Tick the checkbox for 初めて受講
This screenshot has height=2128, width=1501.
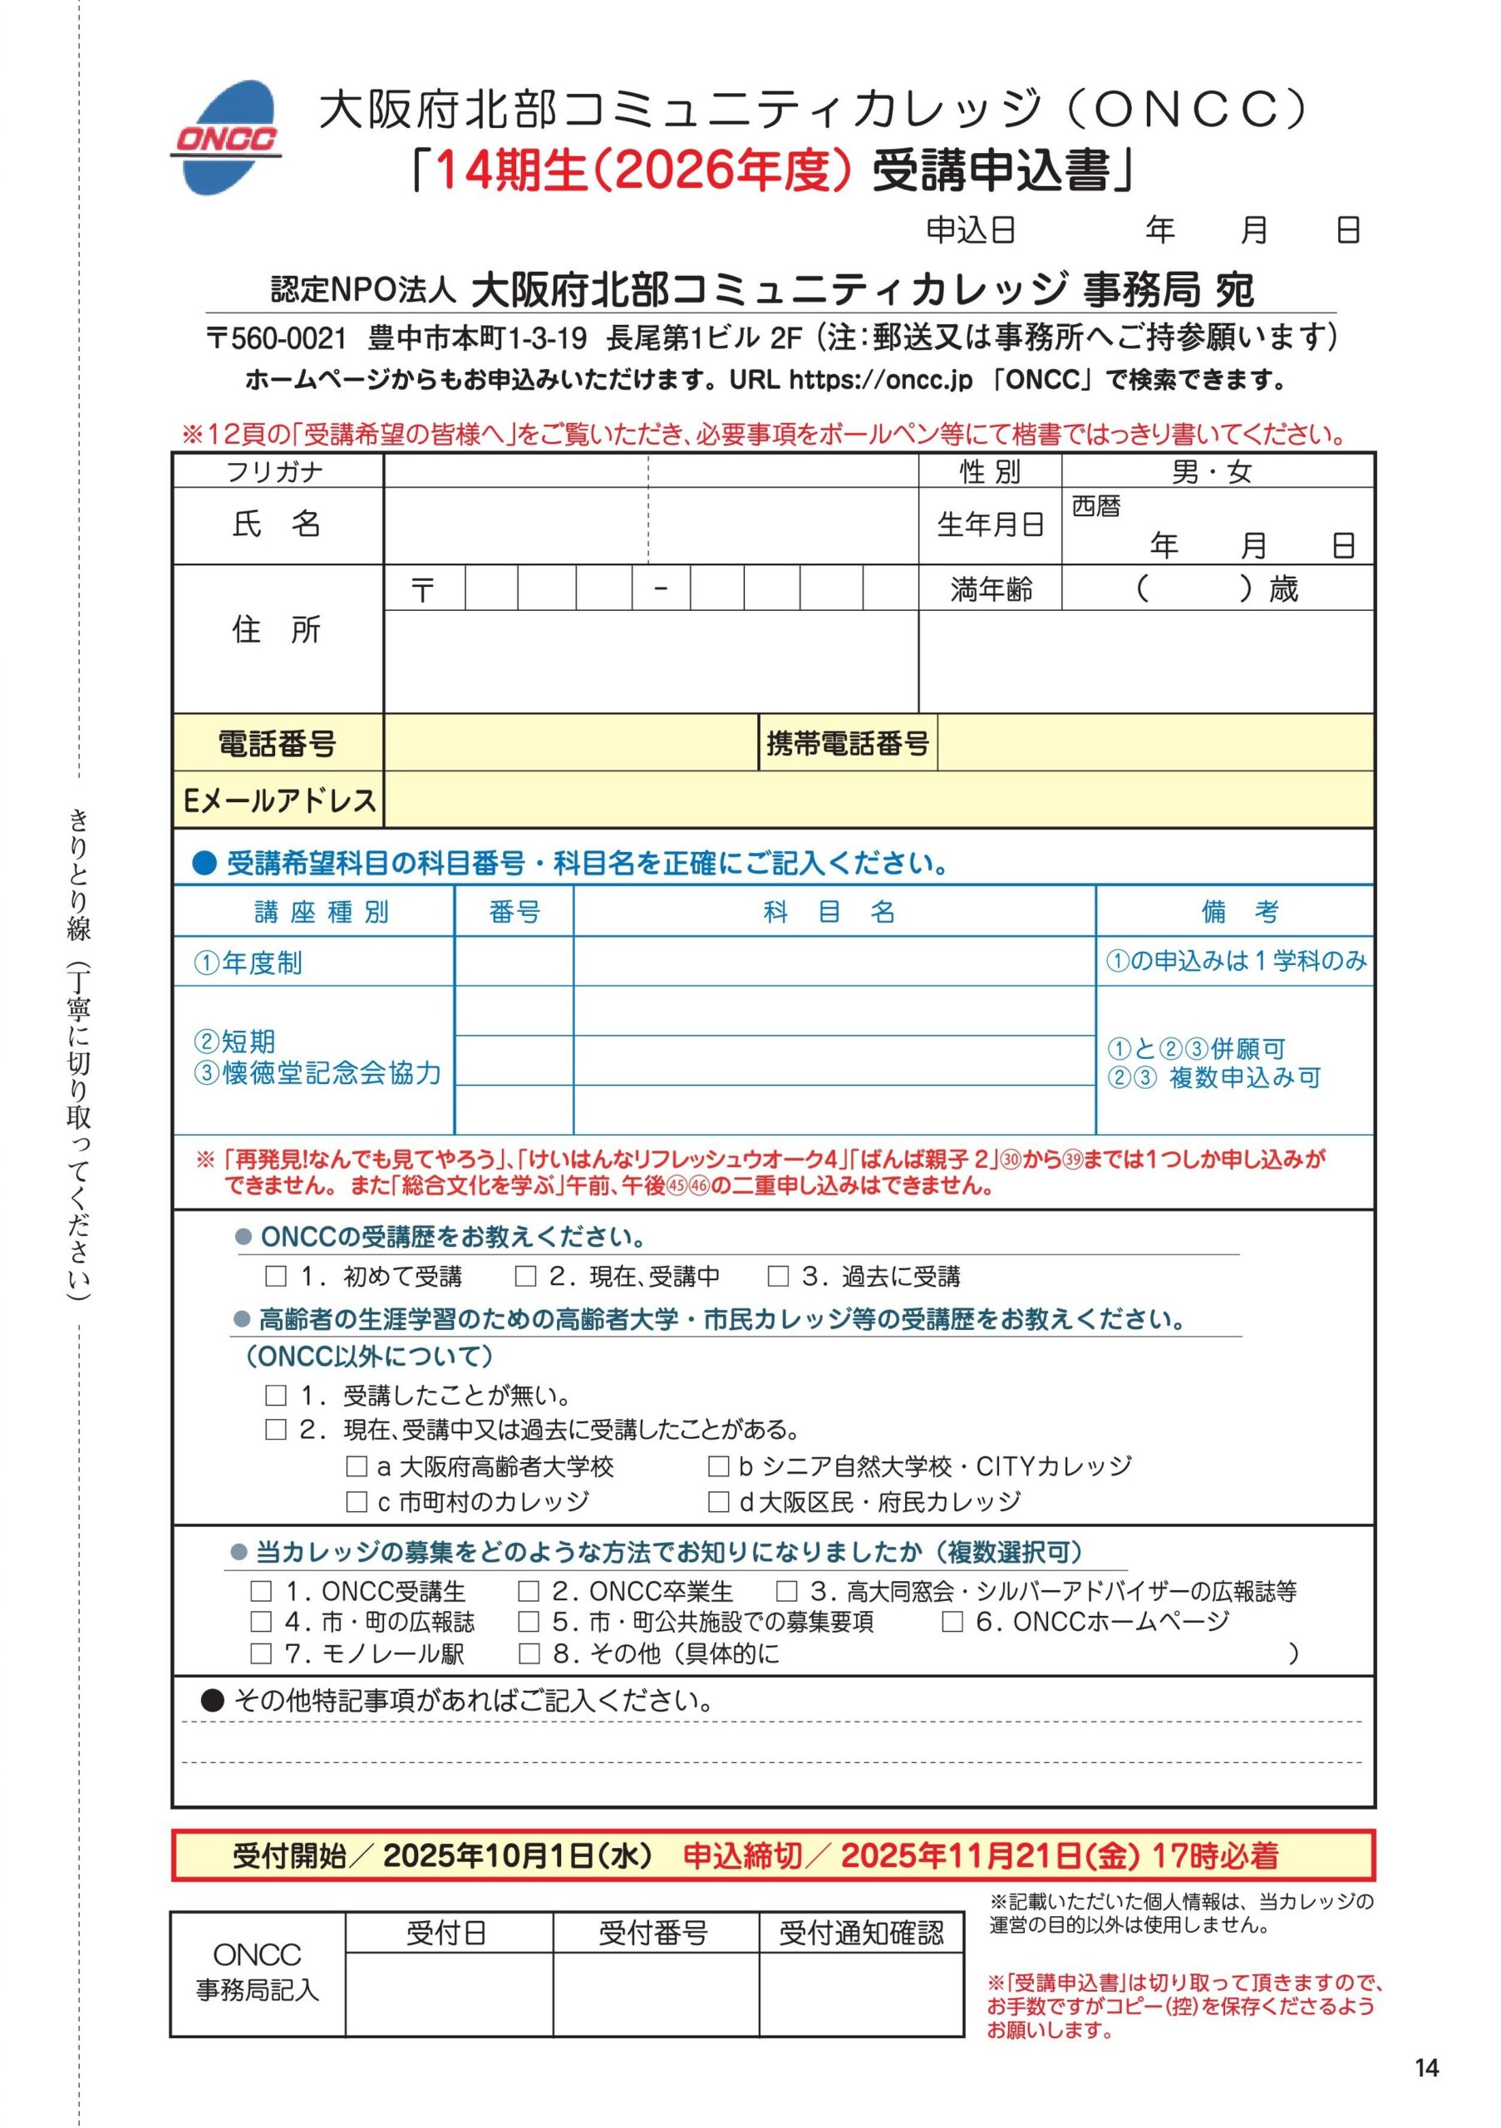pos(275,1276)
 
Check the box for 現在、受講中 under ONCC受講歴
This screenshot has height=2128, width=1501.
pos(525,1276)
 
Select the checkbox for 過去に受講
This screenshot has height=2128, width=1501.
pos(778,1276)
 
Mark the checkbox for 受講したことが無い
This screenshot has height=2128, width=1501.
pos(275,1395)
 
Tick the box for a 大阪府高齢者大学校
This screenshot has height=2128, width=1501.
pos(357,1466)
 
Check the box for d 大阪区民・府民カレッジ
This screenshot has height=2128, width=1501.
pos(718,1501)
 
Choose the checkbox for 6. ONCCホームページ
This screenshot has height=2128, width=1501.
pos(952,1621)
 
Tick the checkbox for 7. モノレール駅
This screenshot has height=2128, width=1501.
pos(261,1653)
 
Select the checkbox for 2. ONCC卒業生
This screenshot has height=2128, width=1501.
pos(528,1590)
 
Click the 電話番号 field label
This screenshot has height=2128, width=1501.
pos(277,742)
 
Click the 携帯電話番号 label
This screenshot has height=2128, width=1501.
pos(848,742)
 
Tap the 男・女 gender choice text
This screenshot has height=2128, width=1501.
pos(1212,473)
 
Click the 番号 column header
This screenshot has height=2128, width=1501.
pos(514,912)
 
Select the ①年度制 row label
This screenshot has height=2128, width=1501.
pos(248,963)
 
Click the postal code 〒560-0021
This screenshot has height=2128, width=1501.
pos(277,338)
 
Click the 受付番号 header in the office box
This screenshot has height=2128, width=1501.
pos(653,1933)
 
